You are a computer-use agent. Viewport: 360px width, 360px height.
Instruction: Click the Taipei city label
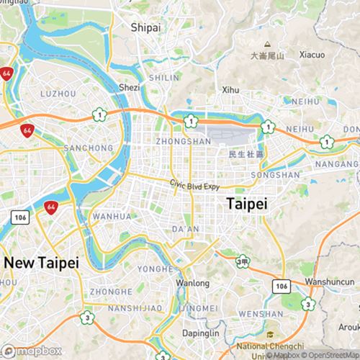coord(246,204)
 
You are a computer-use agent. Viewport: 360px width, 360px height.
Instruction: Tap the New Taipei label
coord(40,263)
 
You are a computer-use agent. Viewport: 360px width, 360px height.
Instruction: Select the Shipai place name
coord(145,27)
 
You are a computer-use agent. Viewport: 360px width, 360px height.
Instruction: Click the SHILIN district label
coord(164,77)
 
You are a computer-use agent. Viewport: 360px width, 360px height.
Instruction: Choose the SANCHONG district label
coord(89,148)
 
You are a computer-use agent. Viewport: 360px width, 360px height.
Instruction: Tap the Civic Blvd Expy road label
coord(194,184)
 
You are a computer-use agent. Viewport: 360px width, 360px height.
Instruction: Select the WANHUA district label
coord(112,216)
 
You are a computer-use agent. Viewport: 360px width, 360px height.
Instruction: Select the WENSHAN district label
coord(261,314)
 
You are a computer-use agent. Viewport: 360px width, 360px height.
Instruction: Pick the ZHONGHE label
coord(112,292)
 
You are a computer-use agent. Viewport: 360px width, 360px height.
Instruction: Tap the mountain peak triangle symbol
coord(267,44)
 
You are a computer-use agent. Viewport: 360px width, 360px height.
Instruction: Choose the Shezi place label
coord(129,87)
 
